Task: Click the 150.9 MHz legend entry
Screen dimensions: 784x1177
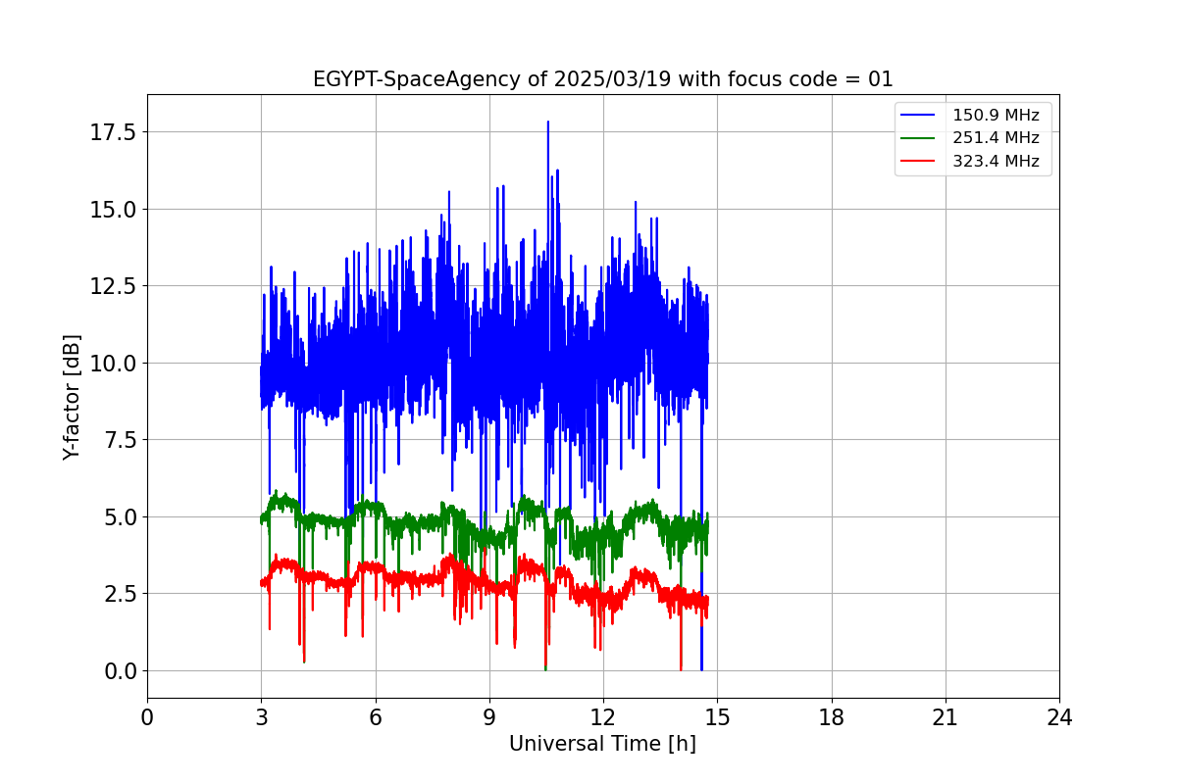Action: coord(996,116)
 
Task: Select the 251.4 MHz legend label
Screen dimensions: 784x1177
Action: coord(996,138)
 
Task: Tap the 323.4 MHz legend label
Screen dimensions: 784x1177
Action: coord(996,161)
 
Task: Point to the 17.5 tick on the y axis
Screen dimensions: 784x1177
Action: coord(112,132)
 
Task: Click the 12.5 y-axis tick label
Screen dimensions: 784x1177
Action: coord(112,286)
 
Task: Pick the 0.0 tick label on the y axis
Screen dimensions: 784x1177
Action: coord(118,671)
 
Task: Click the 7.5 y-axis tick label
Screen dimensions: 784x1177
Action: coord(118,440)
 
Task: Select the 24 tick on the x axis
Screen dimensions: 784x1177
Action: coord(1059,718)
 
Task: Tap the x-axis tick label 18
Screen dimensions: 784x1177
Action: coord(832,718)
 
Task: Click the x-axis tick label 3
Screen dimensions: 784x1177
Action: coord(261,718)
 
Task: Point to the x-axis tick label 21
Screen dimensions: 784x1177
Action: coord(946,718)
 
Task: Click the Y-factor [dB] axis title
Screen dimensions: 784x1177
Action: coord(72,397)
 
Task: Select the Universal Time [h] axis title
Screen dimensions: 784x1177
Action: coord(602,744)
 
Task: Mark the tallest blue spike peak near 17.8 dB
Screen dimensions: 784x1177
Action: coord(547,122)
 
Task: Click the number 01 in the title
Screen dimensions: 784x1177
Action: coord(881,79)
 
